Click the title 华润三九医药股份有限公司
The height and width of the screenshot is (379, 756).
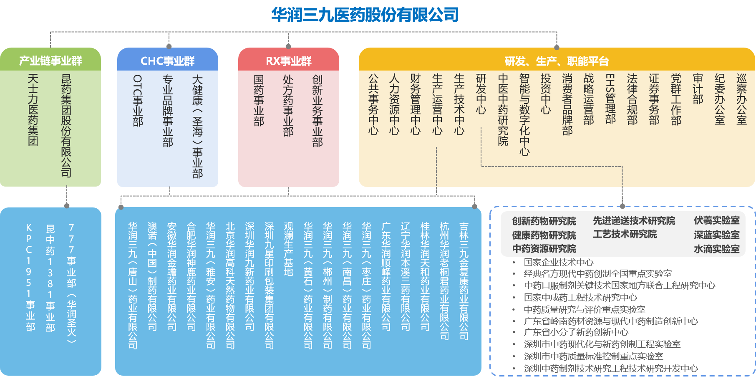365,15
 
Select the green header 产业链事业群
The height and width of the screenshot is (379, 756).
50,61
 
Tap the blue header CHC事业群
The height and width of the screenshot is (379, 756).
168,61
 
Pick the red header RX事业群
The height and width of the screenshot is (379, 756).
289,61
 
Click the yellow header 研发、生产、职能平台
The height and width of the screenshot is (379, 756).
557,61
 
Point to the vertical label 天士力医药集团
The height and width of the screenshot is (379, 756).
33,110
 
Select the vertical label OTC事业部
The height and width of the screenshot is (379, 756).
138,101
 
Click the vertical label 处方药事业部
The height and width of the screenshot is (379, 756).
288,106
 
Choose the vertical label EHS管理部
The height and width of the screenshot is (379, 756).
610,99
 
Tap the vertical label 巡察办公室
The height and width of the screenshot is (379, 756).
741,99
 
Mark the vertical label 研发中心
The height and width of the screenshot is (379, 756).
481,94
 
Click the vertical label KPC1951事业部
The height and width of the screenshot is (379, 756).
29,278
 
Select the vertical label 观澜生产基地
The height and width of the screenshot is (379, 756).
288,249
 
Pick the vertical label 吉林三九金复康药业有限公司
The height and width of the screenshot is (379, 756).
464,280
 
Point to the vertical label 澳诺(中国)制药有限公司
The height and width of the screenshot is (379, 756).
152,276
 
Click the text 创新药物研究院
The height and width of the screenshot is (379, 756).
544,221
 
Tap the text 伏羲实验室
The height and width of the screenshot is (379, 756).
716,220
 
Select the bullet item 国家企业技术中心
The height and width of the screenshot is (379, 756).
559,262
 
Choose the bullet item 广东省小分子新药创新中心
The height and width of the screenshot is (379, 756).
576,332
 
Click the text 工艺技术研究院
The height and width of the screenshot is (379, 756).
625,234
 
